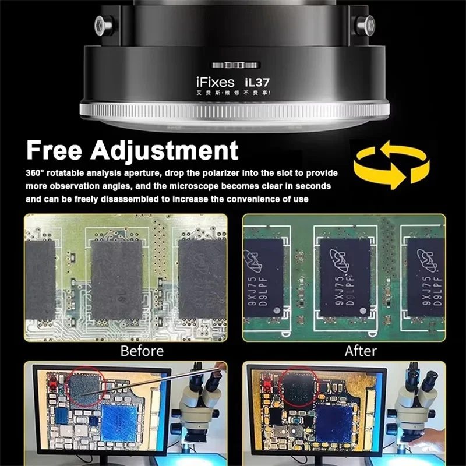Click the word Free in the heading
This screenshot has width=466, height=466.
click(x=60, y=150)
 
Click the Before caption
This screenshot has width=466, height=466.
click(x=142, y=351)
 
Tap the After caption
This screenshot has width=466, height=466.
click(x=361, y=351)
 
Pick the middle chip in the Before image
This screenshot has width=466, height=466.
click(x=116, y=279)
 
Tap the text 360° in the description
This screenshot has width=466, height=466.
click(x=36, y=174)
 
